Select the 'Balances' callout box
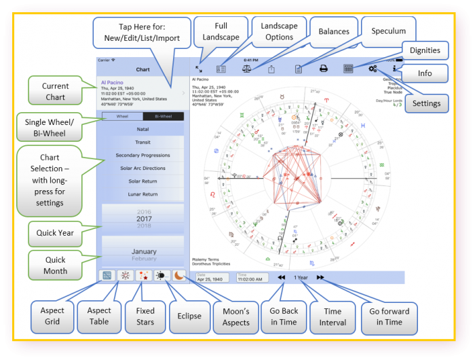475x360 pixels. (x=334, y=31)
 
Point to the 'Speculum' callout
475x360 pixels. (x=388, y=31)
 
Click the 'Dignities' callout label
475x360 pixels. (x=425, y=50)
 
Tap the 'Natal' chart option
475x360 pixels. (x=142, y=129)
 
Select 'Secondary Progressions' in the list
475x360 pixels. (x=142, y=156)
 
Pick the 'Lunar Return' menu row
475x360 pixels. (x=142, y=194)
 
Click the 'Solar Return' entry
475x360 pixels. (x=142, y=181)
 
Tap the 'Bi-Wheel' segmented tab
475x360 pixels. (x=163, y=117)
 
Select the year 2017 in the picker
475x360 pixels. (x=142, y=219)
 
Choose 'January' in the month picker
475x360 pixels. (x=143, y=251)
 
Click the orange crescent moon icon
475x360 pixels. (x=177, y=276)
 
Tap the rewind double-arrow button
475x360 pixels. (x=281, y=277)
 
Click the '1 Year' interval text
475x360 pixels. (x=301, y=277)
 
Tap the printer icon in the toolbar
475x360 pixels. (x=324, y=68)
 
